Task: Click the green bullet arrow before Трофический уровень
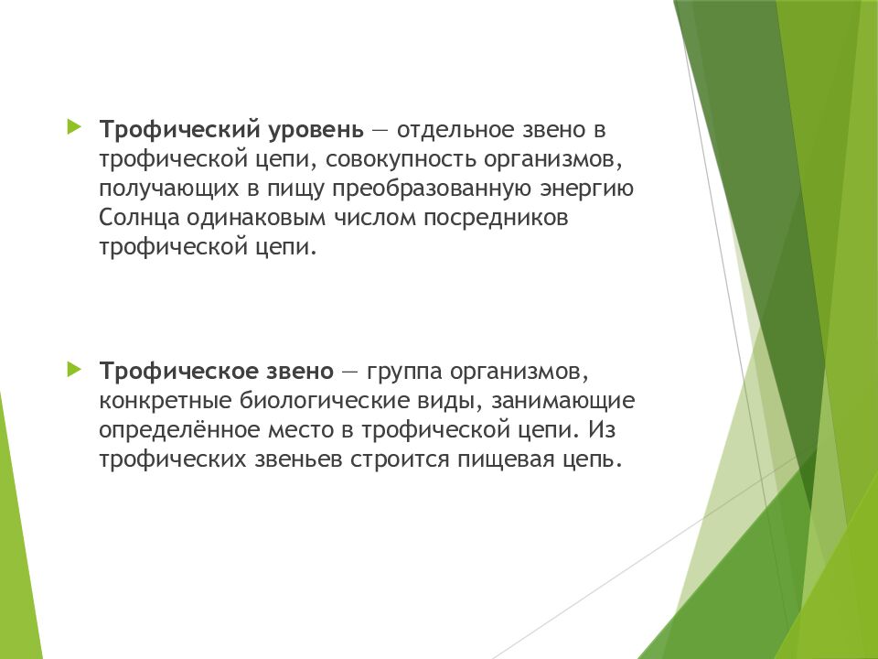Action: click(x=73, y=125)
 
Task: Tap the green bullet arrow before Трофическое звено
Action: click(x=73, y=369)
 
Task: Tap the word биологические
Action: click(x=316, y=401)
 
